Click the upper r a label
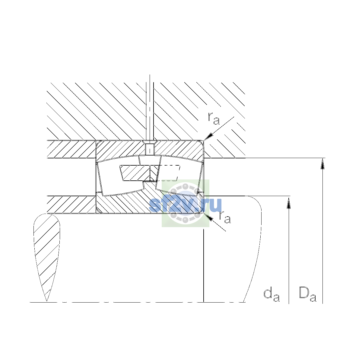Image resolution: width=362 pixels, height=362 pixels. pyautogui.click(x=214, y=119)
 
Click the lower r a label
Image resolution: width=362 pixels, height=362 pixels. pyautogui.click(x=225, y=217)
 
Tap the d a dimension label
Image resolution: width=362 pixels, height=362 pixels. pyautogui.click(x=271, y=296)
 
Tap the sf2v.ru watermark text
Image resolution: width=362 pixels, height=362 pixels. pyautogui.click(x=185, y=205)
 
